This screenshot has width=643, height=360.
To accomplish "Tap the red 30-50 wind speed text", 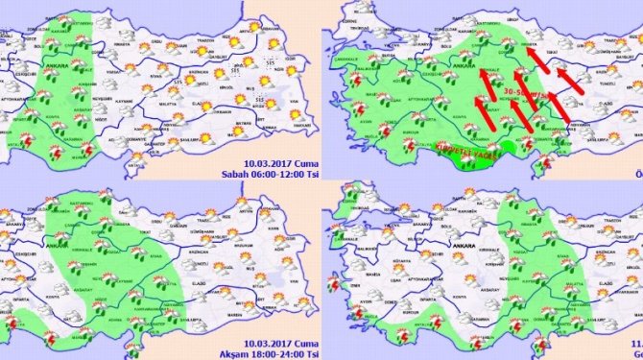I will (519, 93).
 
